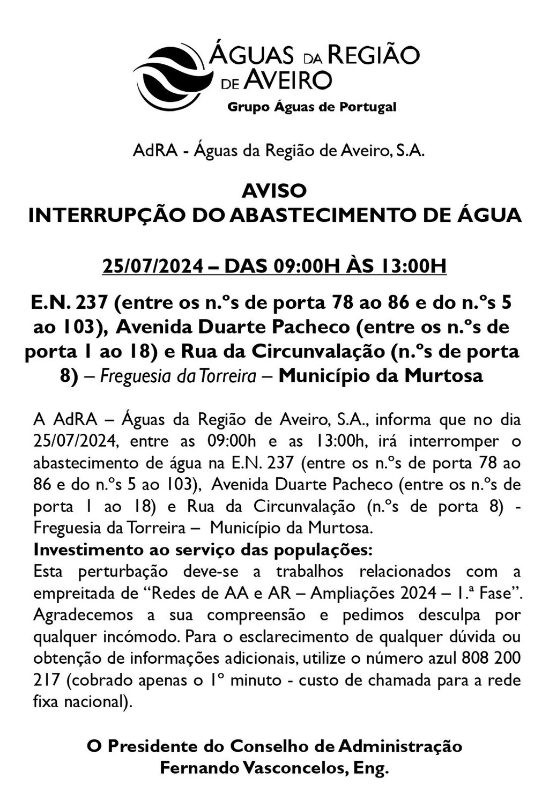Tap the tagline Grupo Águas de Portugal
click(x=312, y=107)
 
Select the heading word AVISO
click(x=274, y=191)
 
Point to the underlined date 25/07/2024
click(x=151, y=266)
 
